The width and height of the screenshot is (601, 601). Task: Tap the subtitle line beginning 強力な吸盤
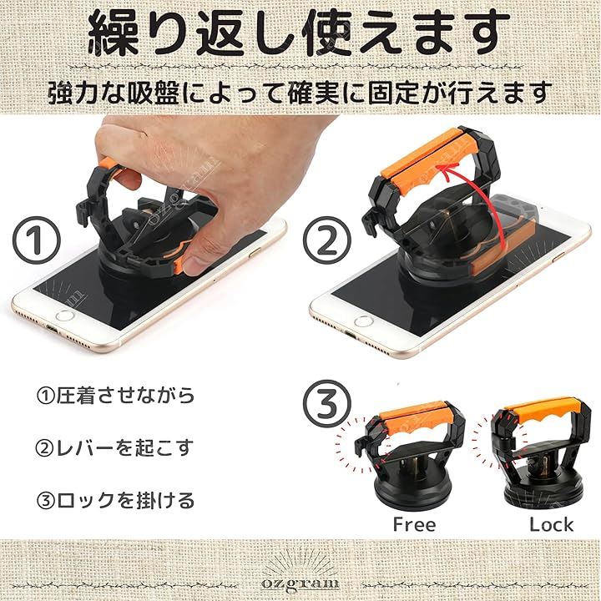coord(300,93)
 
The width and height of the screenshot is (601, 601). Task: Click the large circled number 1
coord(37,240)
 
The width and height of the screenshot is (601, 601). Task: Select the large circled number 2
coord(327,240)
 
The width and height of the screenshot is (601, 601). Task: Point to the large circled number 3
coord(327,403)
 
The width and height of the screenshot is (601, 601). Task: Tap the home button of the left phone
coord(65,316)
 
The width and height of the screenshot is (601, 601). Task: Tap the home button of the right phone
coord(363,321)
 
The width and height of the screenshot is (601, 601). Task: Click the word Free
coord(414,524)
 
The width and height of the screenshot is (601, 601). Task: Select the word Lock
coord(551,524)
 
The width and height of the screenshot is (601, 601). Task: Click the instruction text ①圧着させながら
coord(115,396)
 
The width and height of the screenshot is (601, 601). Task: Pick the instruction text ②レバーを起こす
coord(114,448)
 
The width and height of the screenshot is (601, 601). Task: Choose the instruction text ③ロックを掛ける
coord(115,501)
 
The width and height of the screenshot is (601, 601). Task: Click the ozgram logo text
coord(300,583)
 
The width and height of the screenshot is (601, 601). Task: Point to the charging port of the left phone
coord(53,330)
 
